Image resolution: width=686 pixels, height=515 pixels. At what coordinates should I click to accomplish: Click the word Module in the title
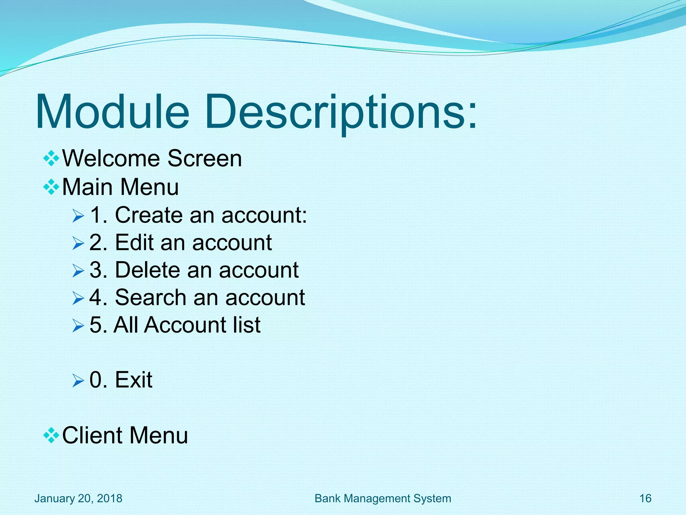point(112,111)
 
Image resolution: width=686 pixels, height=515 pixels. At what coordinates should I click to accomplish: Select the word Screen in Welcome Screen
point(204,158)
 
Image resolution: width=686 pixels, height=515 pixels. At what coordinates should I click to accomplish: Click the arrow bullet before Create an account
point(78,216)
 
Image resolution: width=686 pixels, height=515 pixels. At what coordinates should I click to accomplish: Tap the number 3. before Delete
point(98,270)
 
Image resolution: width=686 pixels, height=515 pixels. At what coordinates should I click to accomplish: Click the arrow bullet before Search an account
point(78,298)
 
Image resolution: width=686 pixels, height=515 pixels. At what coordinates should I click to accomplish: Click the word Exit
point(134,380)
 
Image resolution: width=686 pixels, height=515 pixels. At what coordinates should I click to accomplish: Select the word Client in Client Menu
point(92,435)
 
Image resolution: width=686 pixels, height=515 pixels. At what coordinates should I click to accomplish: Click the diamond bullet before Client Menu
point(51,436)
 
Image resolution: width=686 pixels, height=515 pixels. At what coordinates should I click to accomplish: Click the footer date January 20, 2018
point(78,498)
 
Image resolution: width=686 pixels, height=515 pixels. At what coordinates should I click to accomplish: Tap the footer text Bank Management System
point(383,498)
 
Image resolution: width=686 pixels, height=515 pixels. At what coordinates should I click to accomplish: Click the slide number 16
point(645,498)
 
